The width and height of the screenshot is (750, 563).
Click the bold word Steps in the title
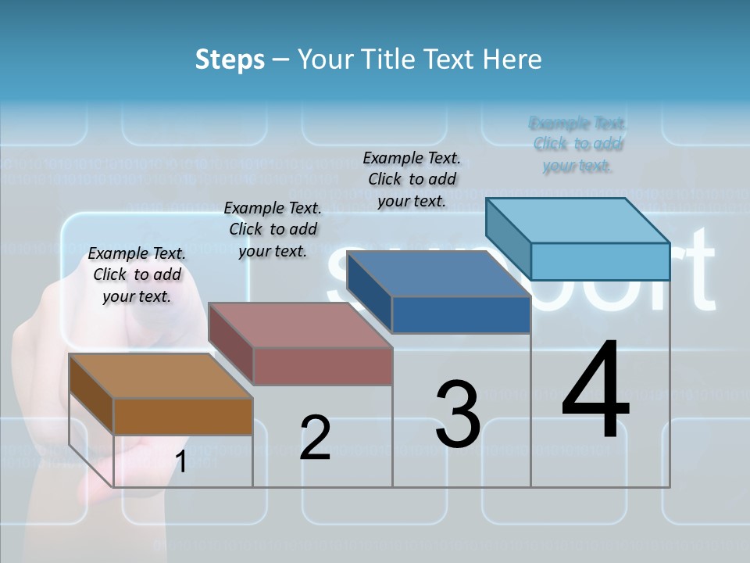(x=230, y=59)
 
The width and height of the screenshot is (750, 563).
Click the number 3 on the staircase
(x=458, y=414)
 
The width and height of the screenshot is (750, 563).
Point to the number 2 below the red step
(x=316, y=438)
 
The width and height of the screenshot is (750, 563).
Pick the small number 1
(x=180, y=462)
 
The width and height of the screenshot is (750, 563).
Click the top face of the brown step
(x=161, y=376)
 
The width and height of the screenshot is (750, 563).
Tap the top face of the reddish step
(x=300, y=325)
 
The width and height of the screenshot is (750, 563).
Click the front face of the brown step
(x=183, y=416)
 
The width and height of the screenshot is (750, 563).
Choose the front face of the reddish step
(x=323, y=366)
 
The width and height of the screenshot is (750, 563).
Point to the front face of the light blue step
(x=600, y=261)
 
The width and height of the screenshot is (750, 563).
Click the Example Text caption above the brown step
(x=137, y=274)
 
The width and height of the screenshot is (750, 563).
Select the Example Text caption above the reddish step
(x=273, y=229)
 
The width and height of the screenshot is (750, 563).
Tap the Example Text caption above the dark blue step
(x=412, y=179)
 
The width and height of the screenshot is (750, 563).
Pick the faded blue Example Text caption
(x=577, y=144)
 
